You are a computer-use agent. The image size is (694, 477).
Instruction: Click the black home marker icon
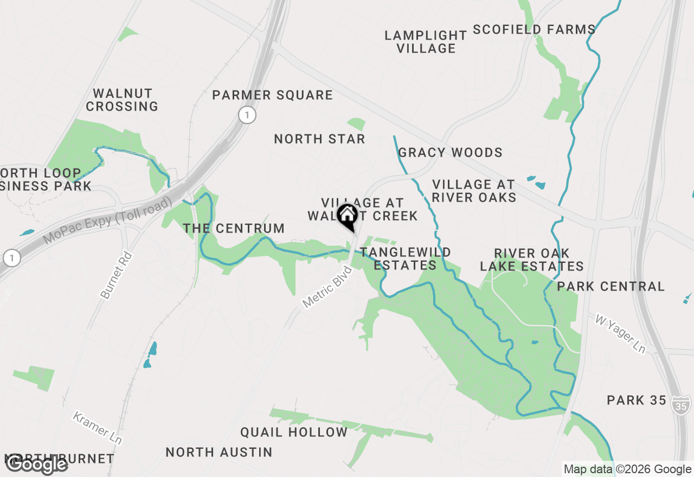pos(347,216)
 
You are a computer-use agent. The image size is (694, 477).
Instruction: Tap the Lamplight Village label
pos(426,42)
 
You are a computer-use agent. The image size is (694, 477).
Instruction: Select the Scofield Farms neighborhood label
pos(534,29)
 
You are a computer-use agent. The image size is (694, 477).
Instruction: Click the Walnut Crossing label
pos(122,100)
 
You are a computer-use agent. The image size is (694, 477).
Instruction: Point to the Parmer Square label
pos(272,95)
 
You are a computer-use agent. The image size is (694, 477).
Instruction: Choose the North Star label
pos(319,139)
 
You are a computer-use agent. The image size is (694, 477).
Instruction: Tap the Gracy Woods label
pos(450,153)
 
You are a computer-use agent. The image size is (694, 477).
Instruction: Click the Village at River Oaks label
pos(474,191)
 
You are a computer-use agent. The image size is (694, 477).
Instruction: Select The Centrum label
pos(234,229)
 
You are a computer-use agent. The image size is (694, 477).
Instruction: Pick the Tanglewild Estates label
pos(405,259)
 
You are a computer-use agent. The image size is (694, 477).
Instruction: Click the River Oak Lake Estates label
pos(532,260)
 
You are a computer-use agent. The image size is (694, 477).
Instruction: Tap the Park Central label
pos(611,286)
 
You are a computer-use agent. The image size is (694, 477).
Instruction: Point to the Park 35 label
pos(636,401)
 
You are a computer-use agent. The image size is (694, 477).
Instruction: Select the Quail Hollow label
pos(294,432)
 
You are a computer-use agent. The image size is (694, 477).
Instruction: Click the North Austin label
pos(219,452)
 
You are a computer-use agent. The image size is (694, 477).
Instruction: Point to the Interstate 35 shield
pos(681,404)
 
